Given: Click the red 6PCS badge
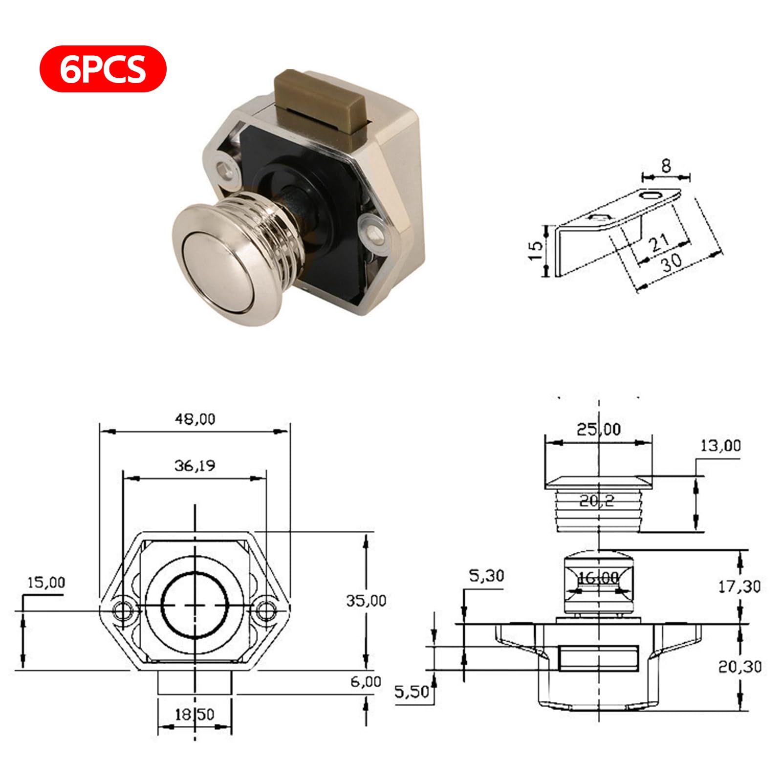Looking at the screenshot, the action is pyautogui.click(x=103, y=69).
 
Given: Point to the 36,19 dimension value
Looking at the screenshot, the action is pyautogui.click(x=195, y=466).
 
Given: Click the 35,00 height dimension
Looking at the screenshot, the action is pyautogui.click(x=367, y=600).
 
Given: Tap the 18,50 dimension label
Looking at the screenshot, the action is pyautogui.click(x=195, y=715).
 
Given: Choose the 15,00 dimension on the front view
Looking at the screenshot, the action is pyautogui.click(x=46, y=583).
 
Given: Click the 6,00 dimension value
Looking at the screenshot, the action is pyautogui.click(x=366, y=682).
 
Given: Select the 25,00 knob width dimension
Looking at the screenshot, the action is pyautogui.click(x=599, y=430).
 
